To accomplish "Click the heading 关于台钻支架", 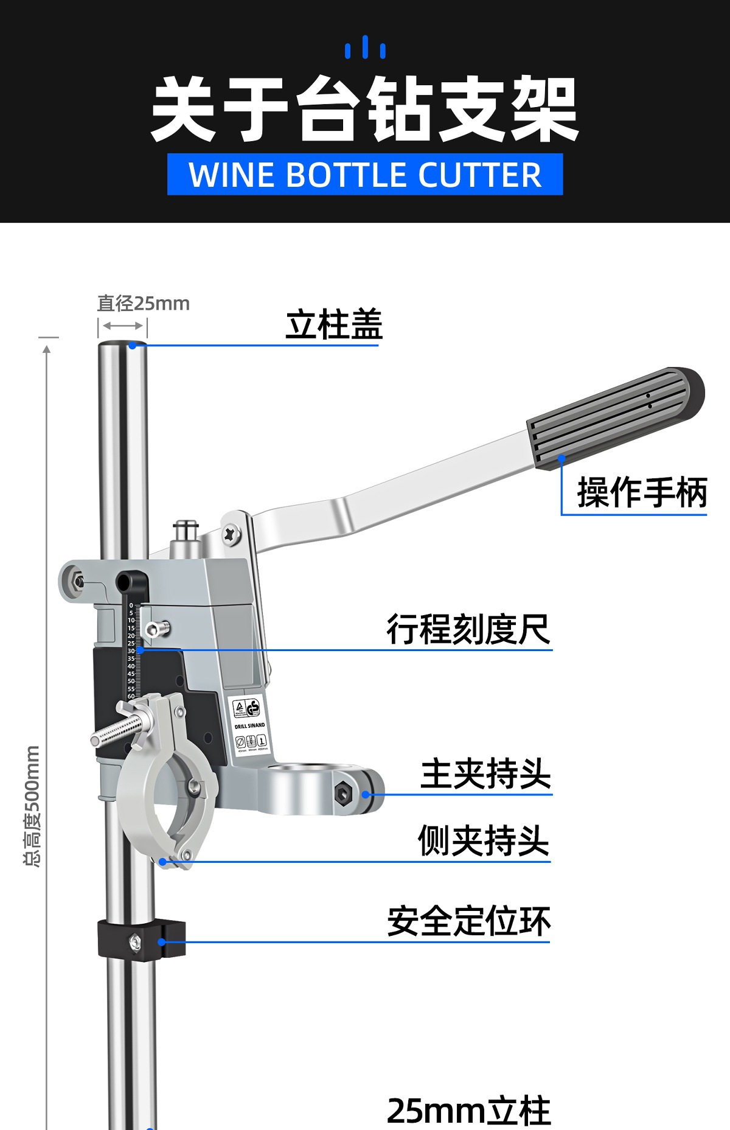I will tap(364, 110).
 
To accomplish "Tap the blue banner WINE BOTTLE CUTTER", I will tap(365, 175).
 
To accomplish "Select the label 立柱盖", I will tap(334, 324).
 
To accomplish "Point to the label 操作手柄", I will tap(642, 492).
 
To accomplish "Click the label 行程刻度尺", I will tap(468, 629).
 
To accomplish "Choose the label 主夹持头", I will tap(486, 774).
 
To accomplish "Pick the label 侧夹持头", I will tap(484, 841).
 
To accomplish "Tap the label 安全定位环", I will tap(469, 921).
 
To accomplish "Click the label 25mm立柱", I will tap(468, 1111).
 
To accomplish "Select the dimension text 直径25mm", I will tap(144, 303).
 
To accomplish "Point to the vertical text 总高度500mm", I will tap(32, 806).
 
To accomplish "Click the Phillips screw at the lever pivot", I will tap(231, 534).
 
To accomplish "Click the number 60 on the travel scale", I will tap(131, 696).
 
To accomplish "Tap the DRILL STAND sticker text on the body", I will tap(250, 725).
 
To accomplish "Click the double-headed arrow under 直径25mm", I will tap(122, 326).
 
